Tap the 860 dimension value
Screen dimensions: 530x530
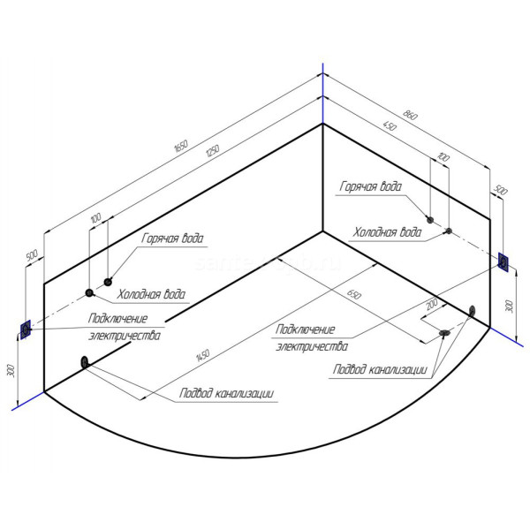point(409,115)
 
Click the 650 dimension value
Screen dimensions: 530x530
point(353,293)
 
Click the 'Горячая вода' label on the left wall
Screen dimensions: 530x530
point(173,238)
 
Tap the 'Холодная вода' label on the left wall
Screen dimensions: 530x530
point(153,294)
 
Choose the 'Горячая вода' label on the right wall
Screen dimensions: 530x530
point(370,186)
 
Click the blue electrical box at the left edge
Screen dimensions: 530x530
point(25,329)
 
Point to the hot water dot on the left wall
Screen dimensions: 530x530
point(109,282)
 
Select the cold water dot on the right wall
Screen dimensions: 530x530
point(449,231)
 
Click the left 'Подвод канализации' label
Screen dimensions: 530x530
point(225,394)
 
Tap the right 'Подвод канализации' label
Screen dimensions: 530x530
point(380,369)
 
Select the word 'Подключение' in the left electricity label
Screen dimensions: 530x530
point(117,319)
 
